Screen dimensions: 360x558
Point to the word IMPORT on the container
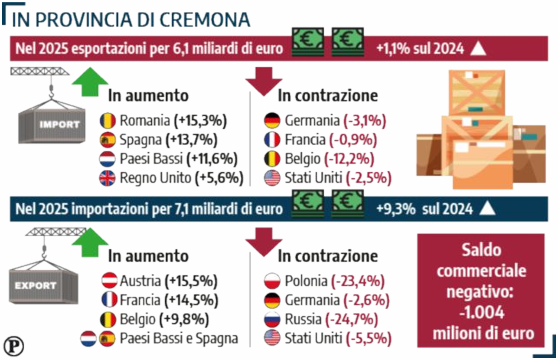tap(59, 124)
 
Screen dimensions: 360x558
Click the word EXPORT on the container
tap(36, 286)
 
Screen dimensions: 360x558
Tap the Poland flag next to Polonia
tap(272, 281)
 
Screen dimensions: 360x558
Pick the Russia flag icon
tap(272, 320)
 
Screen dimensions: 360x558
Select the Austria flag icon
tap(109, 281)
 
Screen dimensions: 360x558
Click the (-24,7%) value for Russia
tap(354, 320)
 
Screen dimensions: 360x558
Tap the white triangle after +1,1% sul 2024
tap(478, 49)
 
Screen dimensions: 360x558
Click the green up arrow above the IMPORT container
tap(90, 81)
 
